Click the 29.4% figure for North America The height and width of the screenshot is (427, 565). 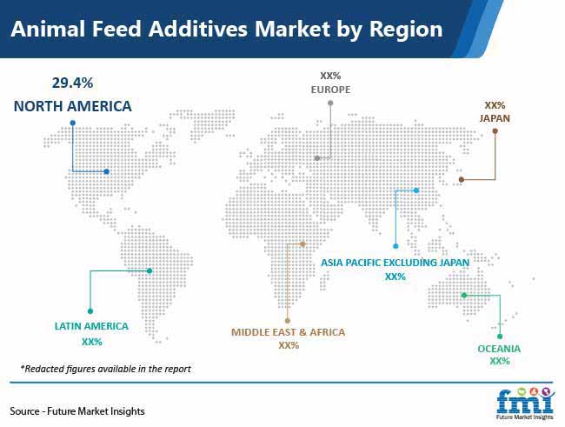click(72, 83)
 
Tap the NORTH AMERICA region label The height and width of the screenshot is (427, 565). click(72, 106)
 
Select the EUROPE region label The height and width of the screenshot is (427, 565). click(330, 90)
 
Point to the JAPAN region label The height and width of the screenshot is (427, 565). click(495, 118)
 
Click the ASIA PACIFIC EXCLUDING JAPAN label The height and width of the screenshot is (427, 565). click(395, 263)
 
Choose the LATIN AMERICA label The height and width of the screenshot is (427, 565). click(91, 326)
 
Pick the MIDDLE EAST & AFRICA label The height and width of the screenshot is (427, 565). click(288, 332)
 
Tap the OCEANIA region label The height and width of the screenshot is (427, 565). click(499, 349)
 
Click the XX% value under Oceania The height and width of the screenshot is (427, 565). click(500, 361)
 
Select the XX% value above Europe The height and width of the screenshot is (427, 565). click(330, 76)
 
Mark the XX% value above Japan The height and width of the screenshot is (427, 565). click(495, 105)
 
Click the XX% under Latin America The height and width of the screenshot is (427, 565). click(92, 342)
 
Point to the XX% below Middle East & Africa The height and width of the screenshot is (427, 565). click(289, 345)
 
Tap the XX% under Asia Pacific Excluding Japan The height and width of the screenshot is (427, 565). click(395, 277)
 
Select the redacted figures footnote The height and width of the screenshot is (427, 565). click(105, 369)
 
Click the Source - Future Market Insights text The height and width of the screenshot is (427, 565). click(77, 411)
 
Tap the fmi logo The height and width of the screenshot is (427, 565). click(525, 404)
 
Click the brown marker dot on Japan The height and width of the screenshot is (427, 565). click(462, 179)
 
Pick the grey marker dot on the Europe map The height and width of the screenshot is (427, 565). click(317, 158)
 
